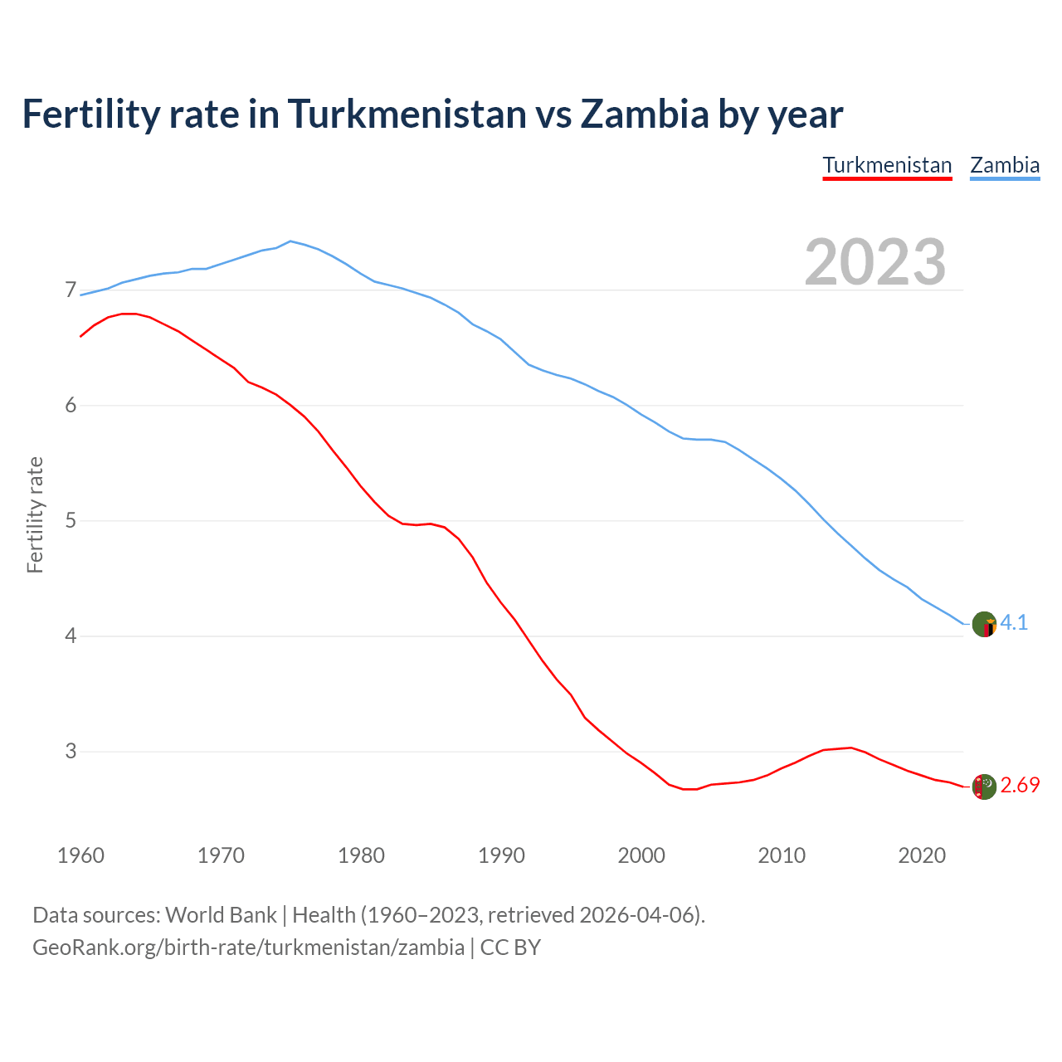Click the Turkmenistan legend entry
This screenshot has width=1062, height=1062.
(x=887, y=165)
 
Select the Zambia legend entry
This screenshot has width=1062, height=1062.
(x=1005, y=165)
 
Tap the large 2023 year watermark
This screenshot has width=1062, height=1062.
(x=875, y=262)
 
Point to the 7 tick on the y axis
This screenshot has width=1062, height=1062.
(x=71, y=290)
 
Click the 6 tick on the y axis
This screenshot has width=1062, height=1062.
(x=71, y=406)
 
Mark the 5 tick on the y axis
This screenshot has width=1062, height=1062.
(x=71, y=521)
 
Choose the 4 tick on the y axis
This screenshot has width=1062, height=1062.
(x=71, y=636)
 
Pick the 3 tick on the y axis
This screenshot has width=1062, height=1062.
(x=71, y=752)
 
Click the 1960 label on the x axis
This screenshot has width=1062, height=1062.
(x=80, y=855)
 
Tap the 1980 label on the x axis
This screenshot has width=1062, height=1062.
(x=361, y=855)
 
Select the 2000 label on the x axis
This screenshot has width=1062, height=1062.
(x=641, y=855)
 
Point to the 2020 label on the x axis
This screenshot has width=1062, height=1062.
(x=922, y=855)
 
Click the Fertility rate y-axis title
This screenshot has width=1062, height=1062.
(x=35, y=514)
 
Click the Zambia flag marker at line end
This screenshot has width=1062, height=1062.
(x=984, y=624)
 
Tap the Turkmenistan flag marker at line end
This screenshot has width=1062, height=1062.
(x=984, y=787)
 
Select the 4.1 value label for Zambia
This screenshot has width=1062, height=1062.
(x=1014, y=623)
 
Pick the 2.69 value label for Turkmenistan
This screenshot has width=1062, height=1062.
(x=1020, y=786)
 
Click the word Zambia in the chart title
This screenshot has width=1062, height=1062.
(x=644, y=114)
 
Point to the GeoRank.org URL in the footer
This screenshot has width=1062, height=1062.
(x=248, y=948)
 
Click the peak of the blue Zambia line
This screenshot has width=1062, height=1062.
(x=290, y=241)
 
